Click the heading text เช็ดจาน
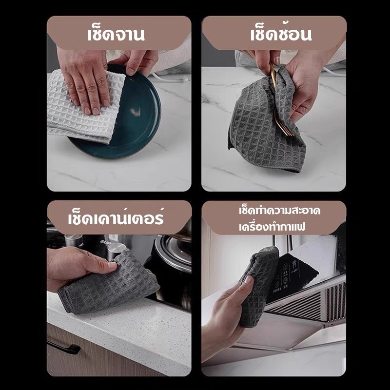coord(116,34)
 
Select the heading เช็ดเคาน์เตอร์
coord(116,217)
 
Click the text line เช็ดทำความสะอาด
coord(279,211)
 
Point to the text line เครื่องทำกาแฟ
coord(272,227)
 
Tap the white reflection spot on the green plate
coord(136,112)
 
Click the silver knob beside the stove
coord(117,251)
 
